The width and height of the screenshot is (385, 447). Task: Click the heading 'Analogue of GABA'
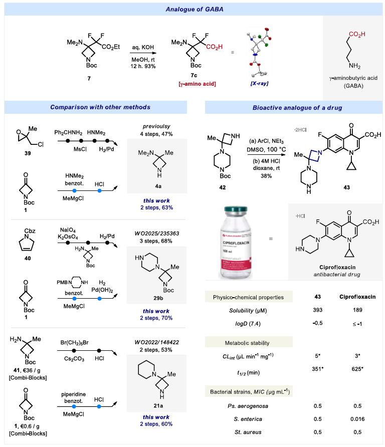192,9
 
